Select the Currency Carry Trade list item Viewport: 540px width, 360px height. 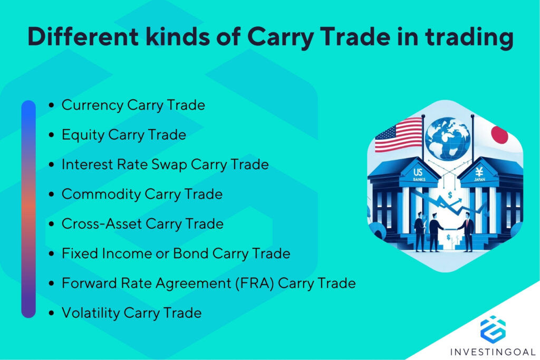(x=133, y=105)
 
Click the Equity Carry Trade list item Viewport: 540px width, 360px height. (x=123, y=135)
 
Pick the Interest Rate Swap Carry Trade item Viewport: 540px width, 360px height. (x=165, y=164)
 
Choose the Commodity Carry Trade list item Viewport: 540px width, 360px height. (x=142, y=194)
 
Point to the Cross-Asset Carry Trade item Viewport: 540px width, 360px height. (x=142, y=224)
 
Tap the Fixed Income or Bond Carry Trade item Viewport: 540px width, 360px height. (x=176, y=254)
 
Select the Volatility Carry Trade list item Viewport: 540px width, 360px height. (x=131, y=313)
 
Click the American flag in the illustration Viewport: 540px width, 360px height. (x=398, y=134)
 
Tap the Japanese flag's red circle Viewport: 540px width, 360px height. (x=499, y=135)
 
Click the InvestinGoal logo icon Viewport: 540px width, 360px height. (x=493, y=328)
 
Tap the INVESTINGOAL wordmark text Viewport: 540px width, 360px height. (x=493, y=351)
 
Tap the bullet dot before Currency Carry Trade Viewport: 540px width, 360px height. (x=51, y=105)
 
